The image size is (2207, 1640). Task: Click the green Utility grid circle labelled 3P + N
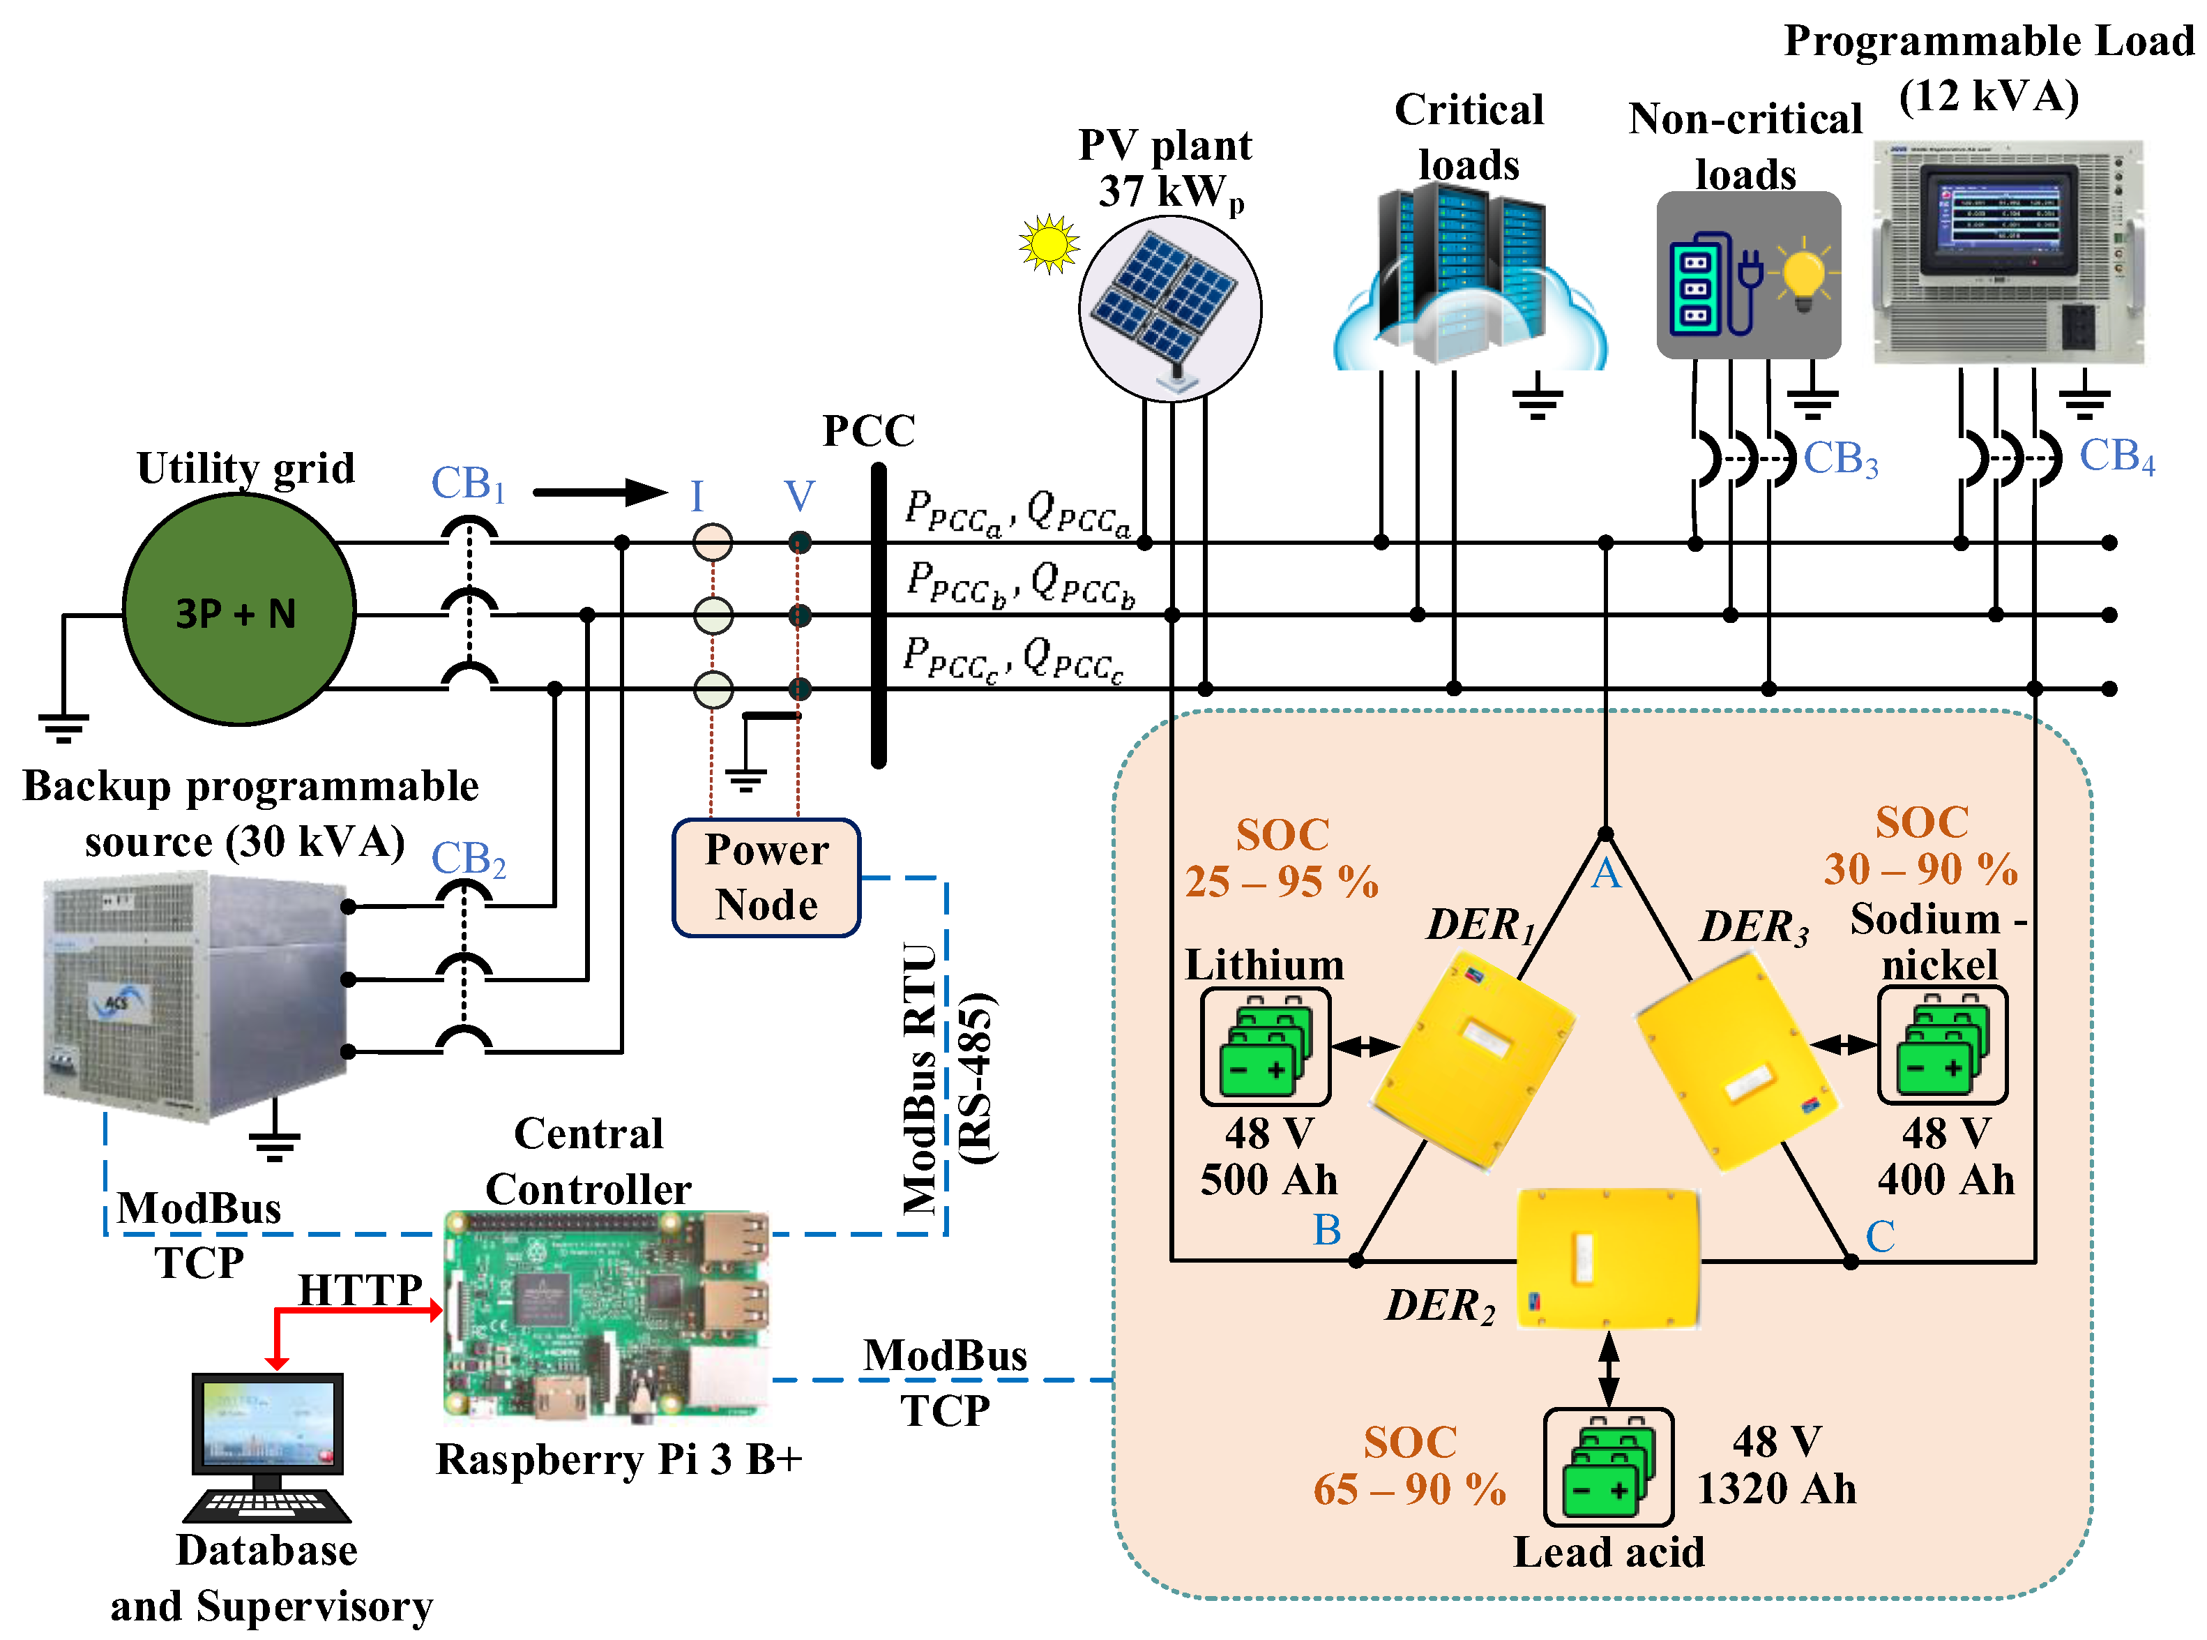pos(238,610)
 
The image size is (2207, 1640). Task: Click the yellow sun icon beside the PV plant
pos(1048,243)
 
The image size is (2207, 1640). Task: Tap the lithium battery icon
pos(1264,1046)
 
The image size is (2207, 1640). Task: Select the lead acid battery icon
pos(1607,1466)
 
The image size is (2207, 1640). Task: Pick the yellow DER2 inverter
pos(1607,1259)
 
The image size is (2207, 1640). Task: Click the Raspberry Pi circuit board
pos(605,1311)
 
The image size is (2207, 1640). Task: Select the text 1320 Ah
pos(1775,1489)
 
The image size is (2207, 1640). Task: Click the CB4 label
pos(2116,458)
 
